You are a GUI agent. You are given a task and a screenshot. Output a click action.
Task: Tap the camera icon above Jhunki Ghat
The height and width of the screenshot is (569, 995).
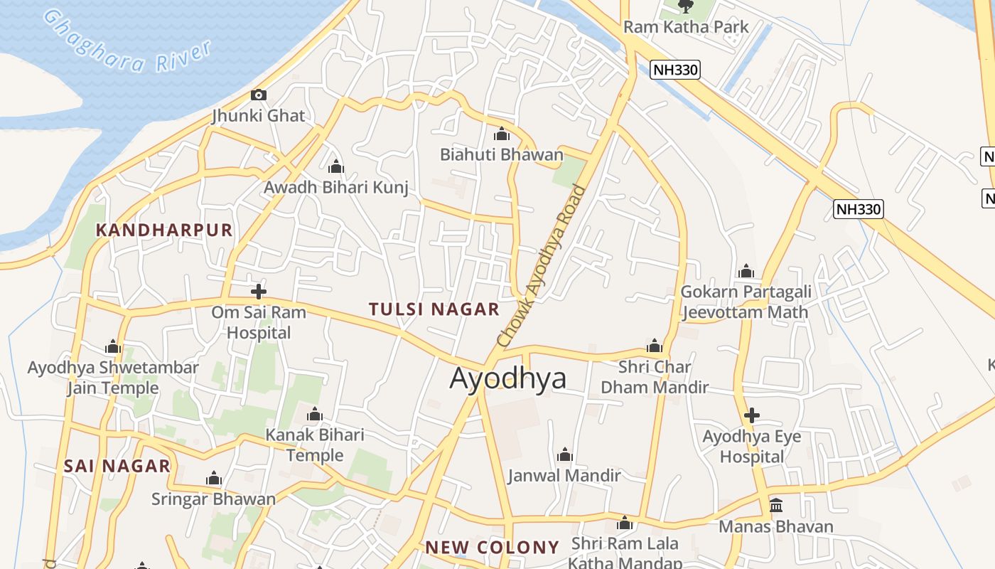(258, 95)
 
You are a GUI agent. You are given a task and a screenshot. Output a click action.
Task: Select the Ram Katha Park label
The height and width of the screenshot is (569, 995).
(686, 27)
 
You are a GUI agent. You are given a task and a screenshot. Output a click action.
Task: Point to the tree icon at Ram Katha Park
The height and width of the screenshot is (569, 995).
(685, 6)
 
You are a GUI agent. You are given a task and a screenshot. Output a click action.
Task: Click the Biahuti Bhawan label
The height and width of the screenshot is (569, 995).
(501, 154)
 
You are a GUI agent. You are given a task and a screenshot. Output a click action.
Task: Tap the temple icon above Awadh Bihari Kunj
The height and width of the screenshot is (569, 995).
(336, 167)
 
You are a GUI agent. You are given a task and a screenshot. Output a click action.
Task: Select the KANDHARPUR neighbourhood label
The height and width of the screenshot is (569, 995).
(164, 230)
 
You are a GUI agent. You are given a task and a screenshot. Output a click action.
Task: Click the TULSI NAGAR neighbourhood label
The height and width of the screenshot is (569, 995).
(434, 309)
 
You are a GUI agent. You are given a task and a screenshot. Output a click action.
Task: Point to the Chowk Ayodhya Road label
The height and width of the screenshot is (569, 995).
(542, 267)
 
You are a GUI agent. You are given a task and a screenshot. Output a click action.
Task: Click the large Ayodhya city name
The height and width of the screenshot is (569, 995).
(508, 378)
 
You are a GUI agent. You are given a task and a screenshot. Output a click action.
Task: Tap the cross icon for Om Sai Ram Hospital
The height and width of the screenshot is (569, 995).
(259, 291)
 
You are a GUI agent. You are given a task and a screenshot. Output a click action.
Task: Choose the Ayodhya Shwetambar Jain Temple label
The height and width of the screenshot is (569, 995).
(113, 378)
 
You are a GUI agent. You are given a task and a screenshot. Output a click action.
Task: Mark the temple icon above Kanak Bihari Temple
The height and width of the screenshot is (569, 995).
(314, 415)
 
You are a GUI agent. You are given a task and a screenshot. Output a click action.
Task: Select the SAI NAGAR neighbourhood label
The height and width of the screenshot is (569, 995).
(117, 466)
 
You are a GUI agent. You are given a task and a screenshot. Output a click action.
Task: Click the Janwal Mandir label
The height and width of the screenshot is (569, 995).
(564, 475)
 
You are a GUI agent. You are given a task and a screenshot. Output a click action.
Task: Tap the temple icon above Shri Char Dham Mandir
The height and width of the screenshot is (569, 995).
(655, 346)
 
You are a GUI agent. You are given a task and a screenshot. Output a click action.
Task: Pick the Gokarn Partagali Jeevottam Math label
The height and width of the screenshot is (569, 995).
(746, 302)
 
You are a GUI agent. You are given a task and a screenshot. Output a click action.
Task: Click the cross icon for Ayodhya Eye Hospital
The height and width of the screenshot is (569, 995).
(752, 415)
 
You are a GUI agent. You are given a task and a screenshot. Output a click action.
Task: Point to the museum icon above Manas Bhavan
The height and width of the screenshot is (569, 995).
(776, 506)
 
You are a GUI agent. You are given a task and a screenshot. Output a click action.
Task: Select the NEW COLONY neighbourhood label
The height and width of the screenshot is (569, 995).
(492, 547)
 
